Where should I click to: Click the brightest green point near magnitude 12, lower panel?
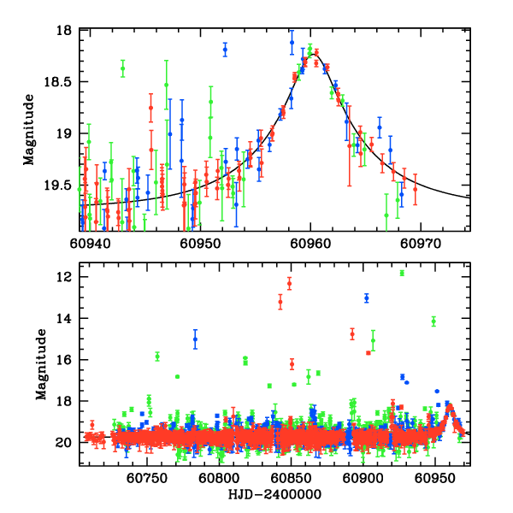(x=402, y=273)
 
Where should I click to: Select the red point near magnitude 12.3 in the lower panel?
(x=289, y=283)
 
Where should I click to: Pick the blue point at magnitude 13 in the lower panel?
(x=366, y=298)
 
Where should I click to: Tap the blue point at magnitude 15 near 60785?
(x=195, y=339)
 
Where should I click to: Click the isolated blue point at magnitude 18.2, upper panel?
(x=225, y=50)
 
